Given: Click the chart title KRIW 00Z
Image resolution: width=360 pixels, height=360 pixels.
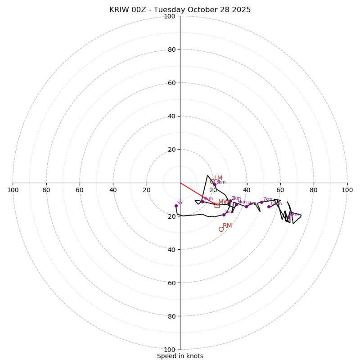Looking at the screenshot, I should click(180, 10).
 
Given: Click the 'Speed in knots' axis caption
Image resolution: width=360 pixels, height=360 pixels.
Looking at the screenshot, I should click(180, 356).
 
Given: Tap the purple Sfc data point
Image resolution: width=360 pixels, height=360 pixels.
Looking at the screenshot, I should click(176, 206).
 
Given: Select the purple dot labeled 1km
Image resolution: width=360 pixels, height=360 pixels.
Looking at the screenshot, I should click(224, 215).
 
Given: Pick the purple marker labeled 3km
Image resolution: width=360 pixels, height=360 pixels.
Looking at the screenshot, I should click(215, 184).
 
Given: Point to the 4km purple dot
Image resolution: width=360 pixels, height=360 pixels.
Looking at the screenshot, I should click(202, 202).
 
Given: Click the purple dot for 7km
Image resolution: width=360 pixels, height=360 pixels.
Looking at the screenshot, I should click(261, 202).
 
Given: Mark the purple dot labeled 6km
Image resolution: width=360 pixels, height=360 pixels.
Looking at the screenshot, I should click(246, 207).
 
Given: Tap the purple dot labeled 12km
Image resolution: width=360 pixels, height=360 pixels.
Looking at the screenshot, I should click(269, 207).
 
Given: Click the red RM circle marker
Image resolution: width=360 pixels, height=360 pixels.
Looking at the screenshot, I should click(221, 229).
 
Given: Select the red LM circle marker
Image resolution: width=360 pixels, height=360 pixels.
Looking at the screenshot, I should click(213, 181).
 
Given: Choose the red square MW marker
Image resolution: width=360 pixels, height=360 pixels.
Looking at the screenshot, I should click(217, 205).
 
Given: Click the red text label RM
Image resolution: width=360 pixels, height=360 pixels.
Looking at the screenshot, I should click(227, 225).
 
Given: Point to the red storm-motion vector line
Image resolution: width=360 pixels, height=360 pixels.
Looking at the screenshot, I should click(198, 193).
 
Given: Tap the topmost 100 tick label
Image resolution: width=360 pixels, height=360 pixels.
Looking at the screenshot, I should click(170, 16).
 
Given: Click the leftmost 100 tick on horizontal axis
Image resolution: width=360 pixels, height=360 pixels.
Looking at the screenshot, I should click(13, 190).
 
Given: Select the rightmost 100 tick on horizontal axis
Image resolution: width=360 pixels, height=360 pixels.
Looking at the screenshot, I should click(347, 190).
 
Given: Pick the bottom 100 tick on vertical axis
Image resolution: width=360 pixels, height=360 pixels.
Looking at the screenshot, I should click(170, 349).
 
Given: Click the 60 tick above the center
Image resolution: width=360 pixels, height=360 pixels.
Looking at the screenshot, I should click(171, 83).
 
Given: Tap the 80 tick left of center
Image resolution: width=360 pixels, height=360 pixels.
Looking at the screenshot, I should click(46, 190).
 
